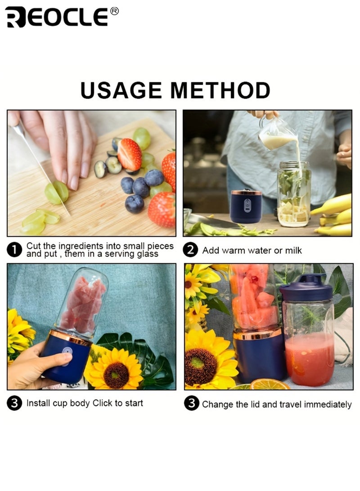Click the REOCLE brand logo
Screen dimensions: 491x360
point(56,17)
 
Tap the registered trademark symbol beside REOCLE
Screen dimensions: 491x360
point(114,11)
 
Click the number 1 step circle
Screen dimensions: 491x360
point(15,250)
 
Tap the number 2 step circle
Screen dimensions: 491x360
point(192,250)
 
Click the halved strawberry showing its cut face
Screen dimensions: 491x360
point(130,154)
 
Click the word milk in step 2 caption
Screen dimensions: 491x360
point(292,251)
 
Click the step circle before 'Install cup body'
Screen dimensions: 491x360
point(15,403)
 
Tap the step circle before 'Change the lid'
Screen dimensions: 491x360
point(192,404)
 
